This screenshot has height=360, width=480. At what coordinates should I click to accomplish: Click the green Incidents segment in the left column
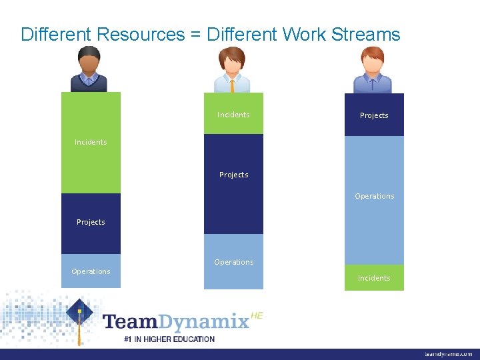click(x=91, y=142)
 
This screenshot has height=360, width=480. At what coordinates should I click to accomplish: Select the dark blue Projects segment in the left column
click(x=91, y=223)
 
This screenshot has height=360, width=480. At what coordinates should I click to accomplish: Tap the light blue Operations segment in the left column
click(x=91, y=271)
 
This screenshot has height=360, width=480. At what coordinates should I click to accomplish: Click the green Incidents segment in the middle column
click(x=233, y=114)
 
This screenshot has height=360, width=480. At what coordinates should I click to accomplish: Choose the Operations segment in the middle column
click(x=233, y=261)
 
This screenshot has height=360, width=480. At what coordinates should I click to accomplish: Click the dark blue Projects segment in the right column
click(x=374, y=115)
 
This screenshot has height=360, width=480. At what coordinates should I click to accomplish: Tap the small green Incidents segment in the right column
click(x=374, y=277)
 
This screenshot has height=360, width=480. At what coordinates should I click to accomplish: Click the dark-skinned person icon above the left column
click(x=89, y=69)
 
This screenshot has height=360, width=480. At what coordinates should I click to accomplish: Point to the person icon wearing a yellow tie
click(x=232, y=69)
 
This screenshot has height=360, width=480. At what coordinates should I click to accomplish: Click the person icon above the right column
click(x=373, y=69)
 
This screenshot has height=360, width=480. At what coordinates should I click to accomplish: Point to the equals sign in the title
click(x=195, y=35)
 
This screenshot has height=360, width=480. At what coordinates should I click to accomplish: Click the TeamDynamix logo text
click(x=176, y=322)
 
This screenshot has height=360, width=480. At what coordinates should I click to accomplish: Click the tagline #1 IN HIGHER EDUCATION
click(x=169, y=339)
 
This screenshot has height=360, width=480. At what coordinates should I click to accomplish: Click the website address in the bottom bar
click(x=448, y=354)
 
